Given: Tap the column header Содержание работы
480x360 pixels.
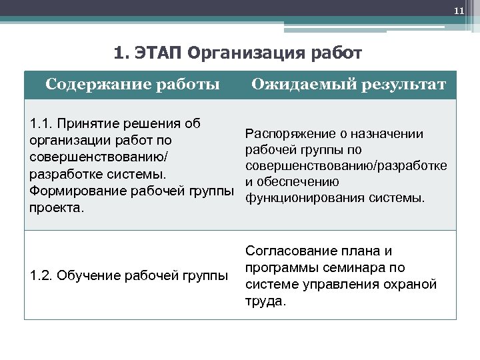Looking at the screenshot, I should pyautogui.click(x=133, y=85).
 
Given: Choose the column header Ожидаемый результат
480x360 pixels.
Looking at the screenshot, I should pyautogui.click(x=348, y=85).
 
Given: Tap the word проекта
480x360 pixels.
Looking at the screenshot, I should pyautogui.click(x=55, y=209).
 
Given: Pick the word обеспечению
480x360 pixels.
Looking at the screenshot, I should pyautogui.click(x=298, y=182).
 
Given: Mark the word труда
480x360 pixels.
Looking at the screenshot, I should pyautogui.click(x=265, y=301).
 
